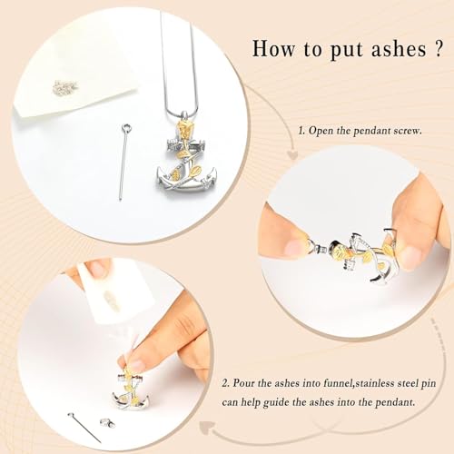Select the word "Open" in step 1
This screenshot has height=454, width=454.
click(325, 130)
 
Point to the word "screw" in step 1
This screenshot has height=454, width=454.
click(426, 130)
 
